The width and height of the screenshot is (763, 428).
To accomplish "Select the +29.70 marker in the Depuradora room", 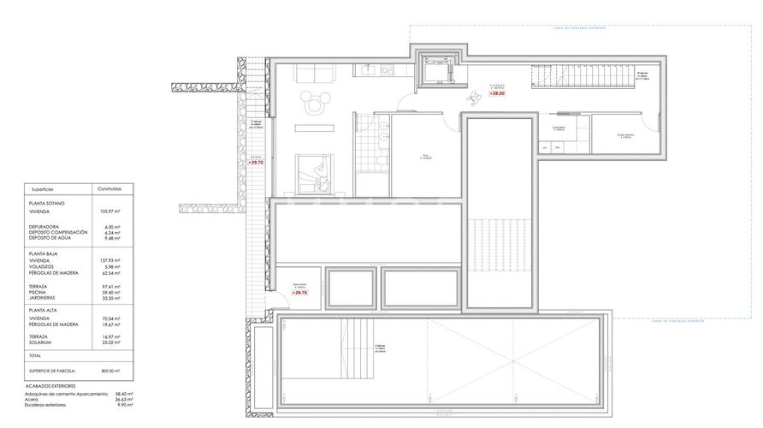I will point(299,292).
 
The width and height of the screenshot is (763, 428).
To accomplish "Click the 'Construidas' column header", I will point(109,188).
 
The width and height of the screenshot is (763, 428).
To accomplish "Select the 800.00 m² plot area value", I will point(109,371).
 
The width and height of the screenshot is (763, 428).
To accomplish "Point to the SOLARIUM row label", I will point(44,343).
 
